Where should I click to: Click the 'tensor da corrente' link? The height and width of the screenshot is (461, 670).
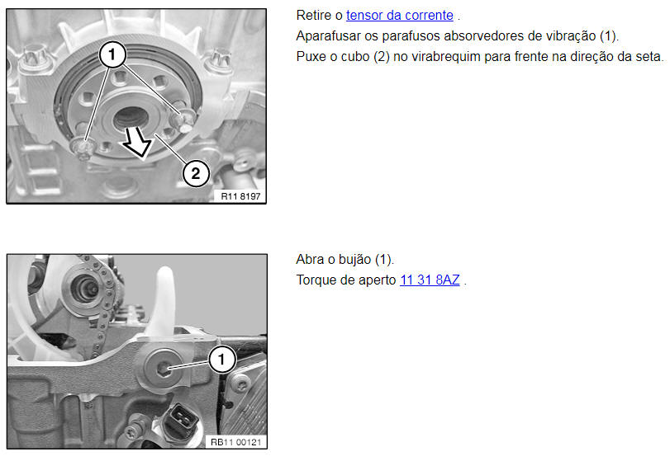point(400,16)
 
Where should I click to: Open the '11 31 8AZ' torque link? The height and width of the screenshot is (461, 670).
point(430,280)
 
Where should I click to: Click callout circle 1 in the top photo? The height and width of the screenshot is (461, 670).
point(112,54)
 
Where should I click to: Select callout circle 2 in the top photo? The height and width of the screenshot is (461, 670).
point(196,173)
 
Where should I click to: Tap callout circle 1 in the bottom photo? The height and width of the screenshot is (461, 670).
point(221,360)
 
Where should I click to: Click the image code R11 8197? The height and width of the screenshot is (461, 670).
point(240,196)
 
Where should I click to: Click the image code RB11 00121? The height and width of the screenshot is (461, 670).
point(236,442)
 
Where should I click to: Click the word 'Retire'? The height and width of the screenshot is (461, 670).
point(314,16)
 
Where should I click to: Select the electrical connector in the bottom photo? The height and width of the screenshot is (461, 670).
point(182,419)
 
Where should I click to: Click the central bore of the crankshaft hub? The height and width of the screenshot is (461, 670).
point(131,118)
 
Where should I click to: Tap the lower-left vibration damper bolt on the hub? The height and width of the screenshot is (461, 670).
point(83,148)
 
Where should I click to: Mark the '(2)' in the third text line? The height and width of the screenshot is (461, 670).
point(382,57)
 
